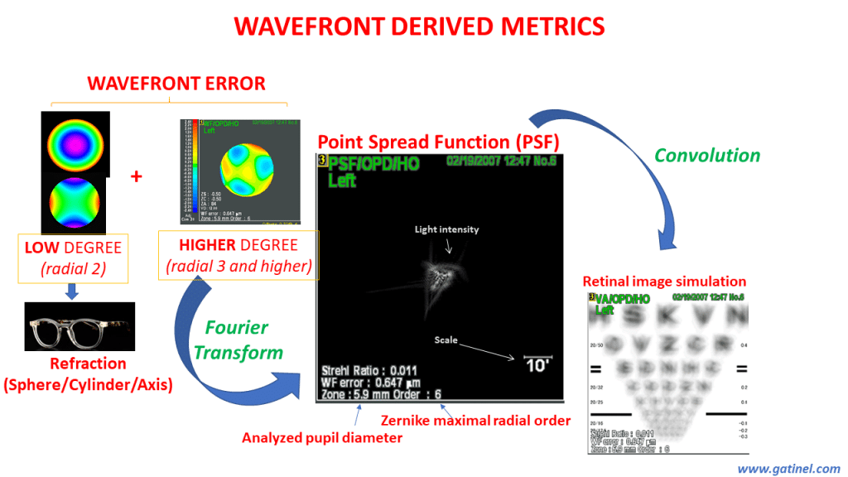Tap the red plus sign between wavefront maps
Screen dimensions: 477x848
[x=136, y=176]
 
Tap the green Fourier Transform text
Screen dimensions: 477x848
[x=238, y=340]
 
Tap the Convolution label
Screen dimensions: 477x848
[x=706, y=155]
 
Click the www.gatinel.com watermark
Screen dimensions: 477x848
[x=788, y=468]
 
